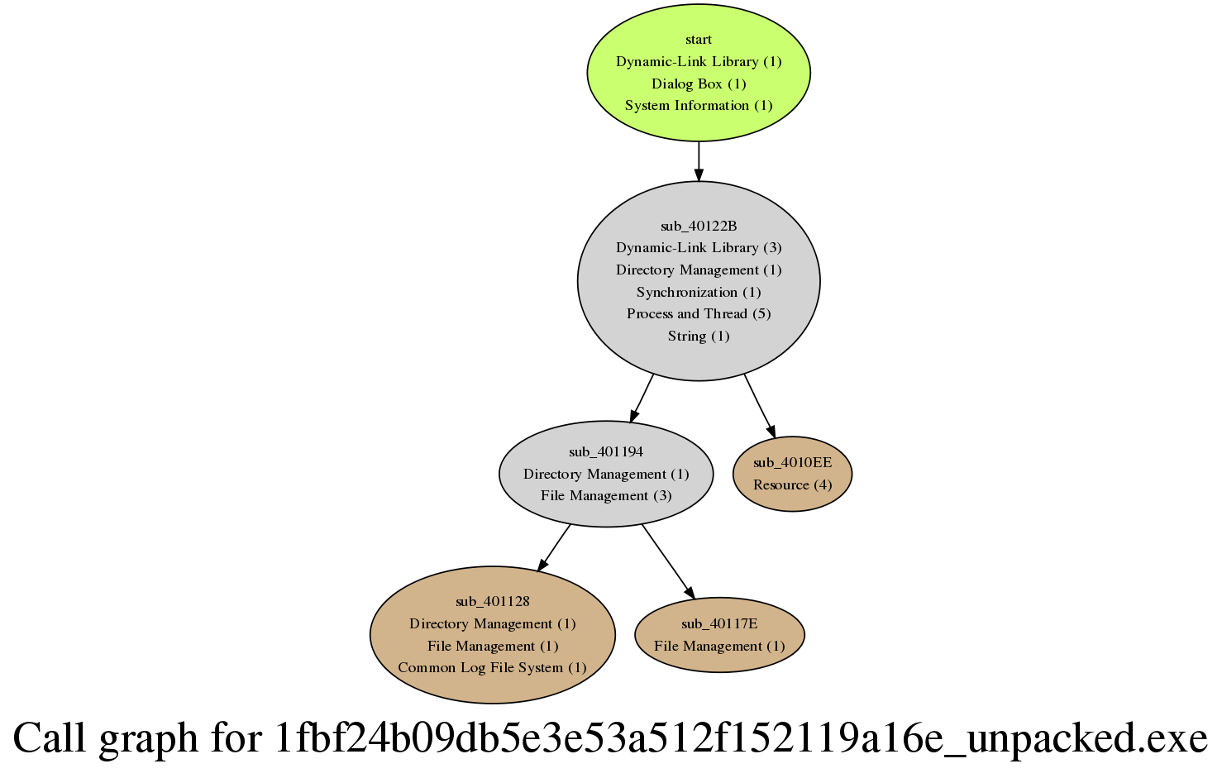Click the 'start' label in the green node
click(699, 40)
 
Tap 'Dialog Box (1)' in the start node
click(699, 84)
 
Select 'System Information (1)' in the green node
click(699, 106)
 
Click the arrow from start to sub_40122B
click(699, 161)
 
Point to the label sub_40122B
click(699, 226)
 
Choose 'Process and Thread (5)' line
click(699, 314)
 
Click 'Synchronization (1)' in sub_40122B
click(699, 292)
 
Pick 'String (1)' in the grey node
click(699, 336)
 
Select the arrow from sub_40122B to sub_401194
click(642, 399)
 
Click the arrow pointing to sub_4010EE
click(760, 405)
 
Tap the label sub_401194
click(606, 451)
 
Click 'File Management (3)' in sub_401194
click(606, 496)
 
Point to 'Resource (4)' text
click(793, 485)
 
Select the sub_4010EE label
click(793, 463)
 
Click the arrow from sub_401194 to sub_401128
click(554, 547)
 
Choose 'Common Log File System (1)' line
click(493, 668)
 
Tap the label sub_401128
click(493, 601)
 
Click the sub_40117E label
click(719, 623)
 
